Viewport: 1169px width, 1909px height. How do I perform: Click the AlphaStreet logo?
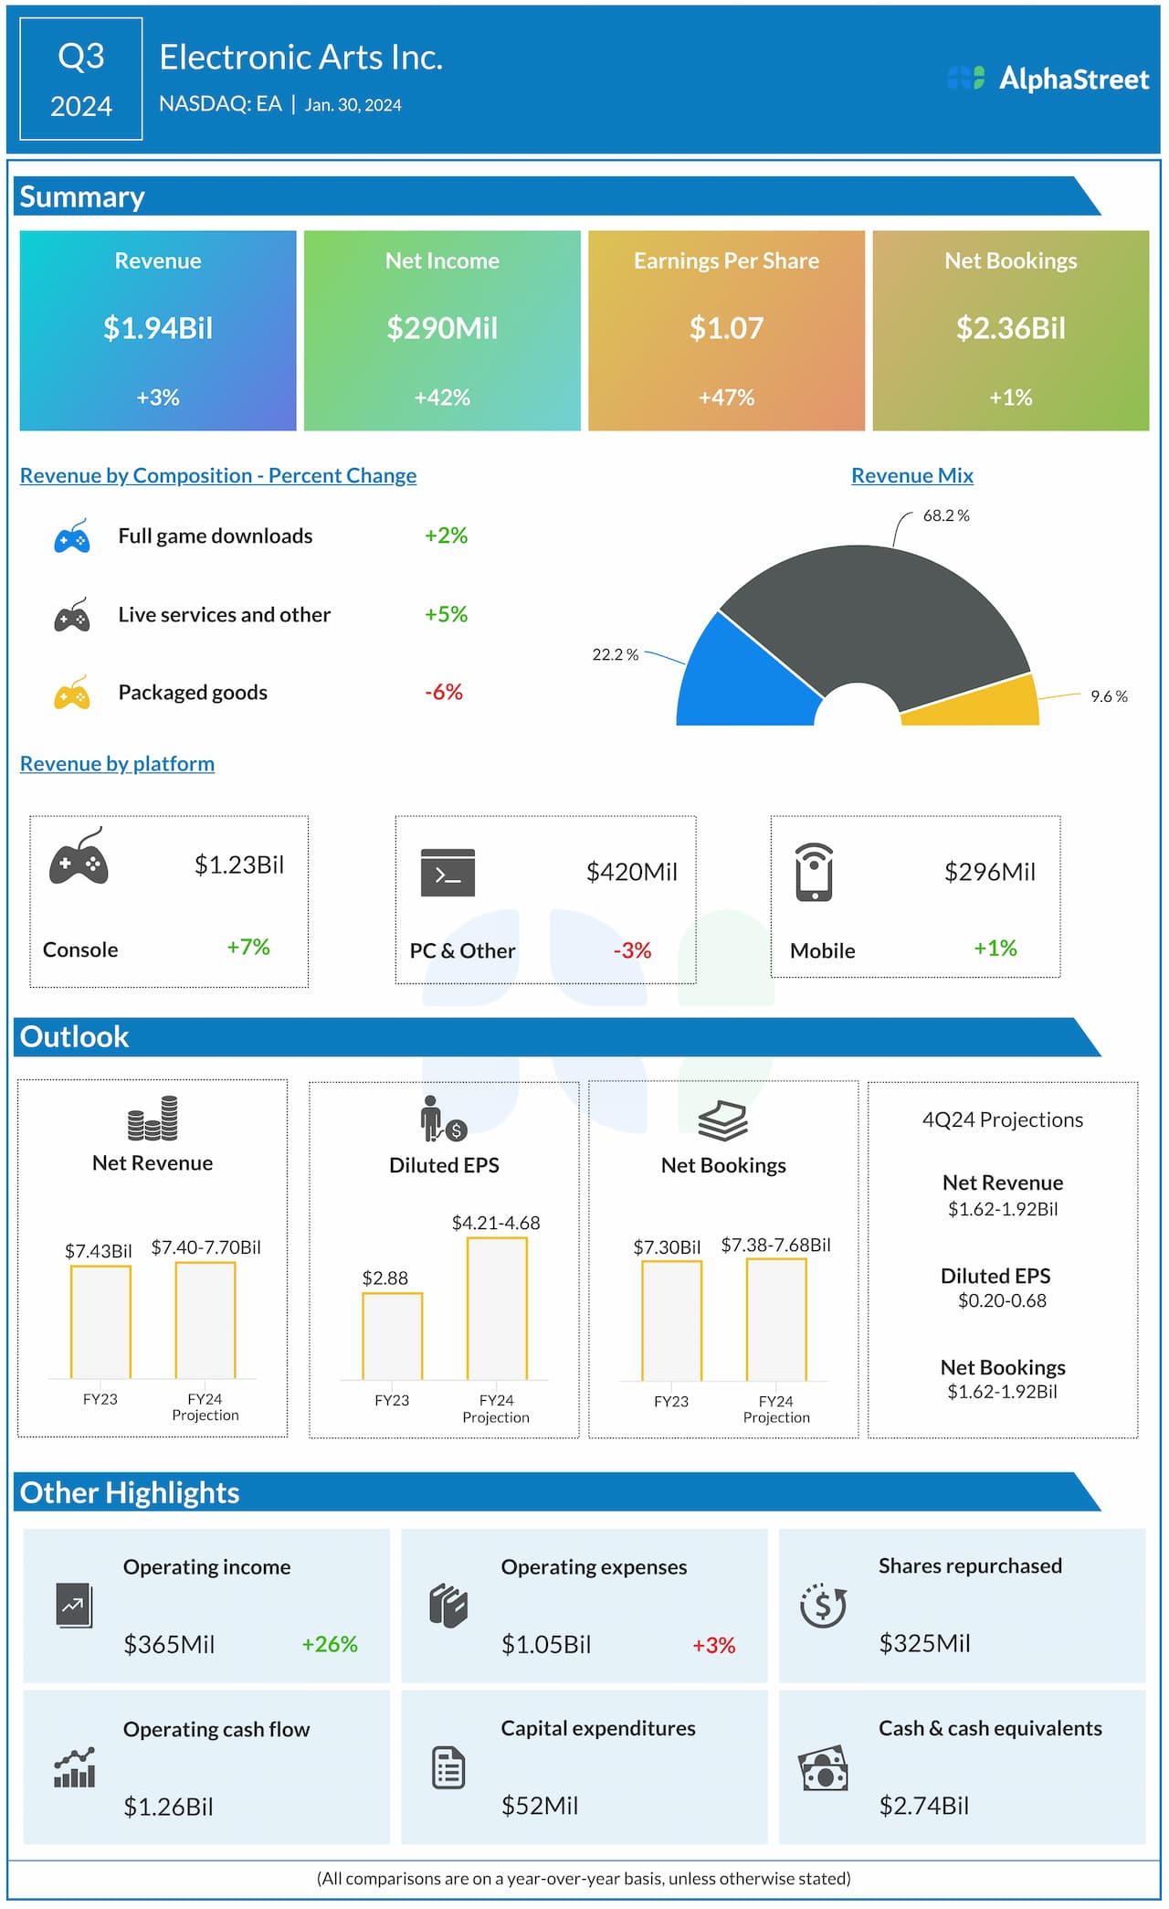click(1048, 79)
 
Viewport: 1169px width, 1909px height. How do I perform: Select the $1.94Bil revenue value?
click(158, 328)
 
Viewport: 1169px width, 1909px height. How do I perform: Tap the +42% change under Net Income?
click(442, 398)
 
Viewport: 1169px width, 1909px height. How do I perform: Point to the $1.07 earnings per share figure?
click(726, 328)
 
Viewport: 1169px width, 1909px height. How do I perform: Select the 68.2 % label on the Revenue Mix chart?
click(945, 515)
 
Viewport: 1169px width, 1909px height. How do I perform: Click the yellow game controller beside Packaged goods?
click(72, 694)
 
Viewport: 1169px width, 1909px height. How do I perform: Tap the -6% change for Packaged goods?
click(444, 693)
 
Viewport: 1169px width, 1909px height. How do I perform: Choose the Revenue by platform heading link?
click(117, 764)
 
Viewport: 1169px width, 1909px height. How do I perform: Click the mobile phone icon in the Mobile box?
click(814, 872)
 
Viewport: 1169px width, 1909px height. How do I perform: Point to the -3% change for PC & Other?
click(632, 950)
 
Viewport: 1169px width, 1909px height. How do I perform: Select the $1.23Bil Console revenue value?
click(239, 864)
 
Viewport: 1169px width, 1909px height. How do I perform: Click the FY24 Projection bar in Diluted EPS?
click(497, 1309)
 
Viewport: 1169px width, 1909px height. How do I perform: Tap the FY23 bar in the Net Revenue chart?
click(100, 1321)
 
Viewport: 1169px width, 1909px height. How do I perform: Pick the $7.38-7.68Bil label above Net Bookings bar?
click(775, 1245)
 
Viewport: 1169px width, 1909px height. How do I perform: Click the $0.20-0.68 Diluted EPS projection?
click(1002, 1300)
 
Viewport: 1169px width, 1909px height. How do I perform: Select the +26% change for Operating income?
click(330, 1644)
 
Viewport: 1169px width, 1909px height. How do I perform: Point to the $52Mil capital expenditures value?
click(540, 1806)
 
